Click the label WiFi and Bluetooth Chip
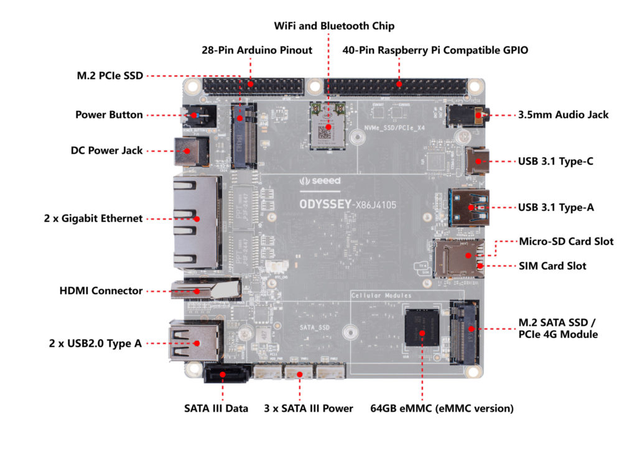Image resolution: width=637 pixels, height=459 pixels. pyautogui.click(x=334, y=26)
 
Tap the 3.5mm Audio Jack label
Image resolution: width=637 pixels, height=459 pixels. pyautogui.click(x=564, y=114)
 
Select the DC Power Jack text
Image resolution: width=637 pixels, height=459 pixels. pyautogui.click(x=107, y=151)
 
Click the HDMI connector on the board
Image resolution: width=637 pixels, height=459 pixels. pyautogui.click(x=205, y=290)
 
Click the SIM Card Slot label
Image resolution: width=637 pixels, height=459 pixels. pyautogui.click(x=552, y=266)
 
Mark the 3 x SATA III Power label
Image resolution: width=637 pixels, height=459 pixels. pyautogui.click(x=309, y=409)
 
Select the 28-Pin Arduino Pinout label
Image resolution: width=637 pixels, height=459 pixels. pyautogui.click(x=257, y=50)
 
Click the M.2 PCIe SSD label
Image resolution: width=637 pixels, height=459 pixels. pyautogui.click(x=106, y=76)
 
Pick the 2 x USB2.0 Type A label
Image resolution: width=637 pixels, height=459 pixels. pyautogui.click(x=96, y=343)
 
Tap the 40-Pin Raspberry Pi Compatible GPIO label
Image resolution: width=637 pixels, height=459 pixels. pyautogui.click(x=435, y=50)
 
